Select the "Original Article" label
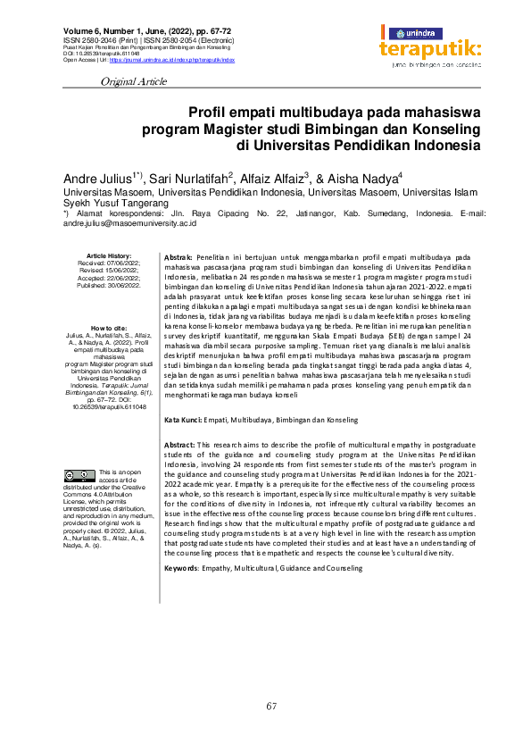(x=135, y=81)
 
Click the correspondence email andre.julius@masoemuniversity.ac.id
(x=129, y=224)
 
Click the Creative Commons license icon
(x=85, y=474)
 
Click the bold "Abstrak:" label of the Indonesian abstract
(x=179, y=257)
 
